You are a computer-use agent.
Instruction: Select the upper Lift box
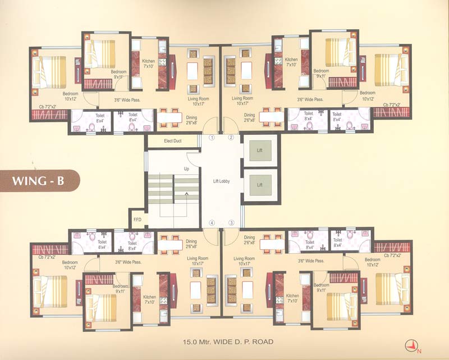point(260,151)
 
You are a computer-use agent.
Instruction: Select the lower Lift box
point(260,184)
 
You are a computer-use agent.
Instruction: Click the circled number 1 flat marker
point(212,138)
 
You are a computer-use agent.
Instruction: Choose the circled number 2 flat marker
point(231,138)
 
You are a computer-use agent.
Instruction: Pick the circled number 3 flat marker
point(231,223)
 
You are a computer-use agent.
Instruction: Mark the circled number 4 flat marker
point(212,223)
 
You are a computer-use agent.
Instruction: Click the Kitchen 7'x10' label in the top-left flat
point(149,63)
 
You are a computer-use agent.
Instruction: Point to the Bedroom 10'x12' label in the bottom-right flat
point(373,262)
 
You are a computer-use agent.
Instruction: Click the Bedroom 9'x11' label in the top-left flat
point(118,74)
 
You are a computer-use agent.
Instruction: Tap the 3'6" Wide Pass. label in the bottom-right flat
point(310,261)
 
